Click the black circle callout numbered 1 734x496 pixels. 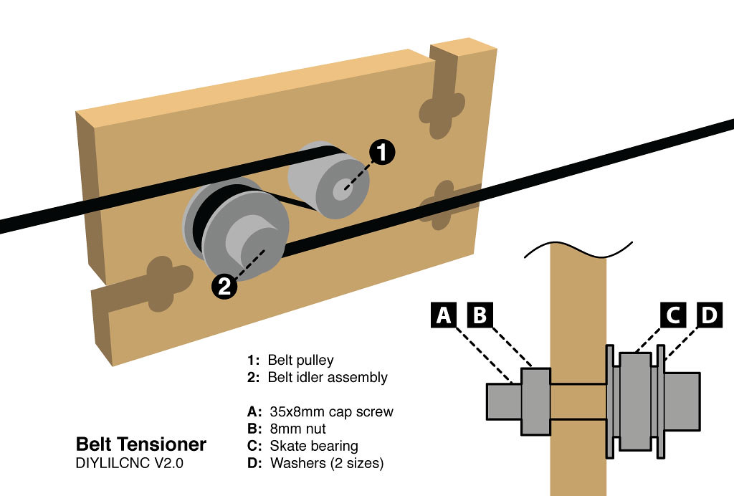click(382, 152)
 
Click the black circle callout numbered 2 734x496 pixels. click(224, 287)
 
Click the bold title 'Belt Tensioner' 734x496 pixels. click(141, 444)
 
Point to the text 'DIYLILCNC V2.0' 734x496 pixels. click(129, 463)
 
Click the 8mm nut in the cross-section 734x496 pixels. click(535, 401)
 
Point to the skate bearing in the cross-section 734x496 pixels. click(634, 401)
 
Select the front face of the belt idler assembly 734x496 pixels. click(244, 248)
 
